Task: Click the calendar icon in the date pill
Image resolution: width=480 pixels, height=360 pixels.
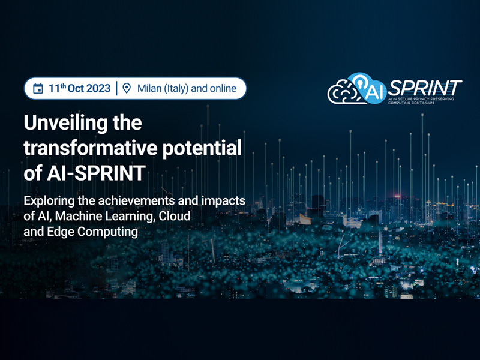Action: coord(38,88)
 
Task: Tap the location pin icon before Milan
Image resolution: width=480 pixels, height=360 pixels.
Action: coord(127,88)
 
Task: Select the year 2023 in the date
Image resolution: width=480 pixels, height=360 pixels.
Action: coord(98,88)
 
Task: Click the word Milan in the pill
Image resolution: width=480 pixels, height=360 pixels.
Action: coord(149,88)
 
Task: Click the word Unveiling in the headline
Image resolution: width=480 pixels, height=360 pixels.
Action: coord(65,123)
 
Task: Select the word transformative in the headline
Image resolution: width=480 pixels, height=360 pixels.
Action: coord(91,148)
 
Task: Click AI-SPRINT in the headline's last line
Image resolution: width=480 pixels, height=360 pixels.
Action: coord(96,173)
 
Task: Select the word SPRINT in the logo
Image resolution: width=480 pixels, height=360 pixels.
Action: coord(425,88)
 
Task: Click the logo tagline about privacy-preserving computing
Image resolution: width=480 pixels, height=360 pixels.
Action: coord(421,101)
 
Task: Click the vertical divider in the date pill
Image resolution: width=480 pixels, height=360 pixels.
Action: coord(116,88)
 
